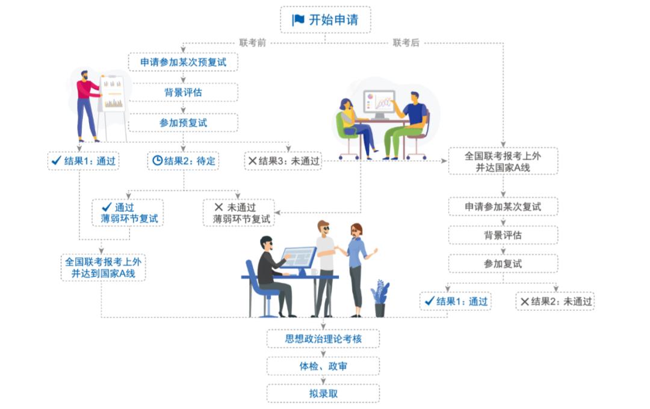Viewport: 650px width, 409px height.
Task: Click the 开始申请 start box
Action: (325, 20)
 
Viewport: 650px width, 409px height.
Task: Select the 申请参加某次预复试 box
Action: (183, 62)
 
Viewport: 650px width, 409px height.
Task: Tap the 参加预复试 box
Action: (183, 122)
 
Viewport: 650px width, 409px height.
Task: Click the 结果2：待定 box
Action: (183, 161)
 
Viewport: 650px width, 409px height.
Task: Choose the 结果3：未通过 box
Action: (283, 161)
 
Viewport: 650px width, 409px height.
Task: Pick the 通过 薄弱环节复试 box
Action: (128, 213)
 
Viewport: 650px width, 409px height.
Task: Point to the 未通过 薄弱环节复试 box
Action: (239, 213)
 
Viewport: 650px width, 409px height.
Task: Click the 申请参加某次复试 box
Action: (503, 207)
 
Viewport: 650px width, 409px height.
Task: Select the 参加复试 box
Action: (503, 264)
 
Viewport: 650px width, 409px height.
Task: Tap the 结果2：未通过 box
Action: (555, 301)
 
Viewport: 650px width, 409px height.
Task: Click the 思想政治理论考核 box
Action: (323, 339)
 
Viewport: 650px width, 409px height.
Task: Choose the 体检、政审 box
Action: (323, 366)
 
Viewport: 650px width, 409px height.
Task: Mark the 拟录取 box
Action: (323, 393)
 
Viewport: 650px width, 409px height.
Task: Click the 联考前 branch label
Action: (252, 43)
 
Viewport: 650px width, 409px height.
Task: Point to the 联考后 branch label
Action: (406, 43)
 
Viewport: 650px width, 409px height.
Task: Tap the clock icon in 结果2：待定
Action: (157, 161)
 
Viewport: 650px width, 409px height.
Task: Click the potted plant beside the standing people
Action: (380, 298)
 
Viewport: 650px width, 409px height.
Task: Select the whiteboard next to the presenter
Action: (113, 95)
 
